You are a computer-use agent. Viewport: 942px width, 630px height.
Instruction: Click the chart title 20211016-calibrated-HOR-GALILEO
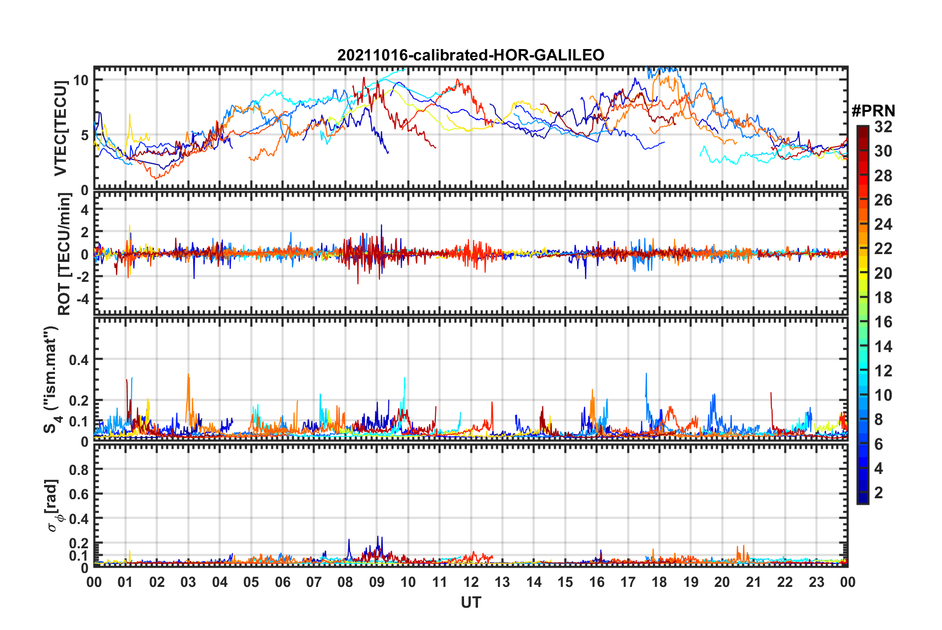471,55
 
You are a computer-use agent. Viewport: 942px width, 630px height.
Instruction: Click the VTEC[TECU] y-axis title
60,128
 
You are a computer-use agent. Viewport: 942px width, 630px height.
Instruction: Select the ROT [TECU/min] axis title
64,254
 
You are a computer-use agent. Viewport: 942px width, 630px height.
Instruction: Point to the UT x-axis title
471,602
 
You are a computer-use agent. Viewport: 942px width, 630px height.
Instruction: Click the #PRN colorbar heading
873,111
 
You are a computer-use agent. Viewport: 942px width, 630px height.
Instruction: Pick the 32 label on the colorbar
883,127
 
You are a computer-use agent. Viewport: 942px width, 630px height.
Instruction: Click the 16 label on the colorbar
883,322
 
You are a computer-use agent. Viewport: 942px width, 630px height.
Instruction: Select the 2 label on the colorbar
879,492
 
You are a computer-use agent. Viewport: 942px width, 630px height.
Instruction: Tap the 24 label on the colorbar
883,224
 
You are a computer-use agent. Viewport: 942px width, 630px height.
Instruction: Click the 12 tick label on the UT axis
471,582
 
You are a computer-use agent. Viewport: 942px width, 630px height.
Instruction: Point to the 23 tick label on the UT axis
816,582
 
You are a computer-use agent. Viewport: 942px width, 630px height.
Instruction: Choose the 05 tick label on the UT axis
251,582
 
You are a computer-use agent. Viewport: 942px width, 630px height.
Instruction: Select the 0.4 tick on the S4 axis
79,360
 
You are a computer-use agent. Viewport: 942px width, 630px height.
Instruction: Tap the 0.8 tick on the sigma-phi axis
79,470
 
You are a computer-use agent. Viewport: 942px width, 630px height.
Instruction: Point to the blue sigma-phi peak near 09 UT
378,538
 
